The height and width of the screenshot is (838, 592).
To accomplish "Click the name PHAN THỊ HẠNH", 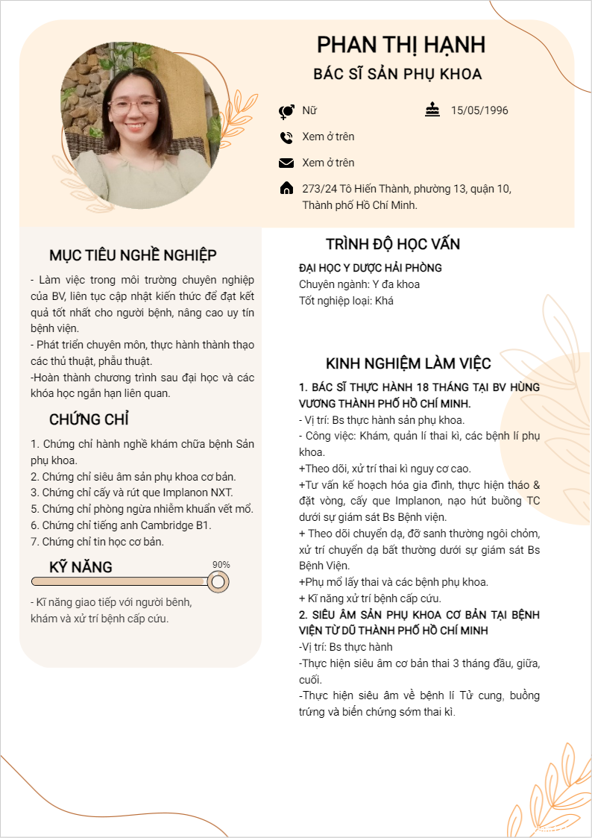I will [x=401, y=45].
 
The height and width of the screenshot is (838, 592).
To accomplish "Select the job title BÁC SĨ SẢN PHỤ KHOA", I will [x=397, y=74].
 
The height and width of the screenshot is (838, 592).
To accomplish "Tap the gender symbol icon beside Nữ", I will [x=286, y=111].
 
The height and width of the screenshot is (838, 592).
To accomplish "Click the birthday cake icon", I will [x=432, y=110].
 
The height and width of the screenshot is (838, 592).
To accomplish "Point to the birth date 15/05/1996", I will [x=479, y=110].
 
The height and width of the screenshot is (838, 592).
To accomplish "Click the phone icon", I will [x=286, y=137].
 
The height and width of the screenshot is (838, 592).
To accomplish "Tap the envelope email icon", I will [x=286, y=163].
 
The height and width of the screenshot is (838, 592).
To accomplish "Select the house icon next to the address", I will [x=286, y=189].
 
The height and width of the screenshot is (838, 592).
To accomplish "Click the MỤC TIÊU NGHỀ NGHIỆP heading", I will [x=133, y=255].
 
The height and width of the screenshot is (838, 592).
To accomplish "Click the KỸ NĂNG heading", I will [x=81, y=567].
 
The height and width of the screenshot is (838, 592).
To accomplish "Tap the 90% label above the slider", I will [x=221, y=565].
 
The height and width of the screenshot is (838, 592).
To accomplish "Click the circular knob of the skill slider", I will [x=218, y=581].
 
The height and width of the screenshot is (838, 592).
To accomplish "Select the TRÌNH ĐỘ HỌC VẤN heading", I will [x=393, y=244].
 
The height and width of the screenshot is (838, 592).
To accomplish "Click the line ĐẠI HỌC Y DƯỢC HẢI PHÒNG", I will [x=371, y=268].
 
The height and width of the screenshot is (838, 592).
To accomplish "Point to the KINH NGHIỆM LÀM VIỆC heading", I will [x=409, y=364].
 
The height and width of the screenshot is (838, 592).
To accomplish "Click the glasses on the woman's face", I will [x=134, y=104].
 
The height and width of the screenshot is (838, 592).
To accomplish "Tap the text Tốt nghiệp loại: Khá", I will [x=346, y=301].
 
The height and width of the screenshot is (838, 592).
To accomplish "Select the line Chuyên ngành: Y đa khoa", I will [x=359, y=284].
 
